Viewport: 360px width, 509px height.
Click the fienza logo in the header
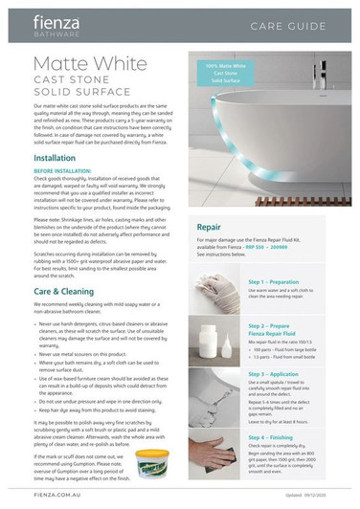click(x=59, y=24)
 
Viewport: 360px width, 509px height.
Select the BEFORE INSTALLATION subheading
click(x=65, y=170)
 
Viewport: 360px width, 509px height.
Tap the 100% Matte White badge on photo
click(x=225, y=74)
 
